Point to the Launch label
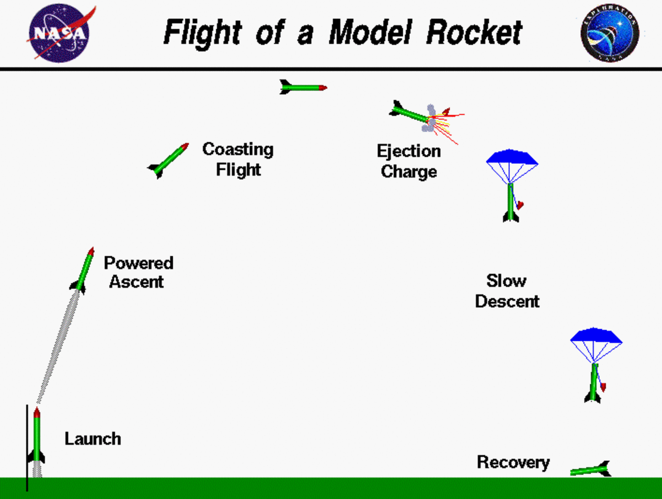[93, 439]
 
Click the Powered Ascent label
[138, 272]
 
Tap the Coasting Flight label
[238, 159]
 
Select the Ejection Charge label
[409, 161]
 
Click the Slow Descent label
[507, 291]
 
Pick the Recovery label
[513, 462]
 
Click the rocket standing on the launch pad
[37, 438]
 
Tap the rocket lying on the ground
[590, 470]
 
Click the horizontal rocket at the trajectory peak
[303, 87]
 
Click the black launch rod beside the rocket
[27, 447]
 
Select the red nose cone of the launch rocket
[37, 412]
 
